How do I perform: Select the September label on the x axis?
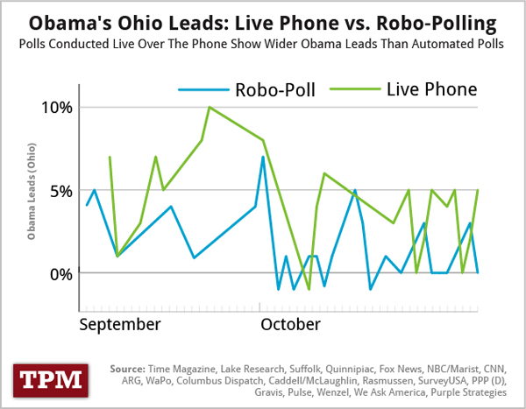click(x=119, y=325)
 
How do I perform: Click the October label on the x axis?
click(x=290, y=325)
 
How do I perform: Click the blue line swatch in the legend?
click(x=200, y=89)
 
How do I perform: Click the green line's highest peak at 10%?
click(x=210, y=107)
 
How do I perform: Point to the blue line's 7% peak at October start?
click(x=263, y=157)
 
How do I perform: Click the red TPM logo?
click(x=49, y=379)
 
